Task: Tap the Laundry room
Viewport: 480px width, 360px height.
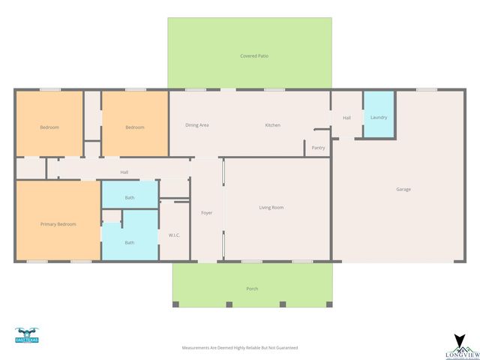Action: click(x=379, y=117)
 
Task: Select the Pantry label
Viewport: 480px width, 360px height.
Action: click(x=319, y=148)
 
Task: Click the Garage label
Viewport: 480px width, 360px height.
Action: click(x=403, y=189)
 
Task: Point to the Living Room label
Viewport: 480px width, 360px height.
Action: click(x=271, y=208)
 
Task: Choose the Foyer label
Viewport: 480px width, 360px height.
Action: click(x=207, y=213)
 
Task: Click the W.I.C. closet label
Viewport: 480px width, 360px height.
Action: click(x=173, y=235)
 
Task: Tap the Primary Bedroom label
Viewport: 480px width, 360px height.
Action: click(x=58, y=224)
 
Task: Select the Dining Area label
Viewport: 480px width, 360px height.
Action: click(x=196, y=125)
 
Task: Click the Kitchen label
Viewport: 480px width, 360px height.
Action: click(x=272, y=125)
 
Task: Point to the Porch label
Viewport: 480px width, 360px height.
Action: click(x=252, y=289)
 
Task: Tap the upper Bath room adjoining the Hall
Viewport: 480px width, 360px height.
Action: click(x=130, y=197)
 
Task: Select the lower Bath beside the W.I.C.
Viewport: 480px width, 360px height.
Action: click(x=130, y=242)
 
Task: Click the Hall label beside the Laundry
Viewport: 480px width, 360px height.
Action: click(x=346, y=118)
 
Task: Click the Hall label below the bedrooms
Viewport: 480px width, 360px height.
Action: click(x=124, y=172)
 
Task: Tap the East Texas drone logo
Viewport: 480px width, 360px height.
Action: click(x=26, y=335)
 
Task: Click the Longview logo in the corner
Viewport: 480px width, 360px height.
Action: click(x=460, y=346)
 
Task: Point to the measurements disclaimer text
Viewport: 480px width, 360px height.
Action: click(x=240, y=348)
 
